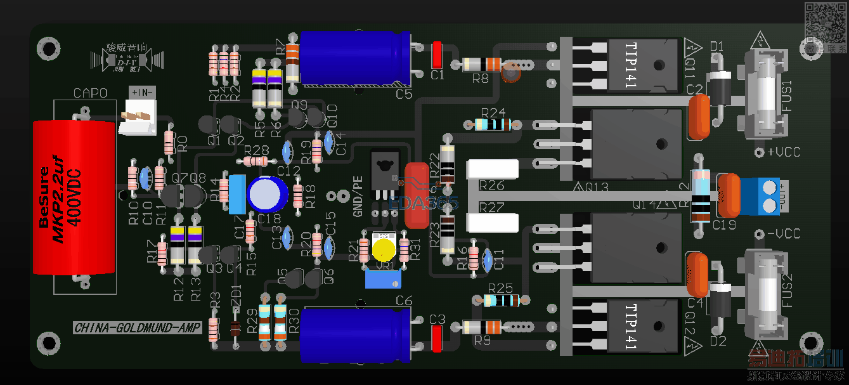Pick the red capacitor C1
point(437,55)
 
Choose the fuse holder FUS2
point(766,291)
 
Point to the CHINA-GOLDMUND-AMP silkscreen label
point(137,328)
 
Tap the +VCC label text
point(783,152)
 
